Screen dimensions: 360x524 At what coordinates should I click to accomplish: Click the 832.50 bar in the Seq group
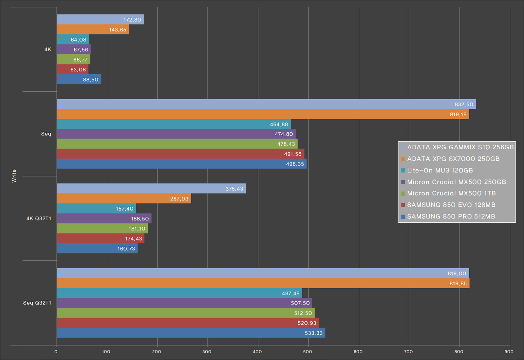click(x=266, y=104)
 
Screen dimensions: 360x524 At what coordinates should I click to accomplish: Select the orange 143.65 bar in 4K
click(x=93, y=29)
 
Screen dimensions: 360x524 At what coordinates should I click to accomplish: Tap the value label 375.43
click(x=234, y=189)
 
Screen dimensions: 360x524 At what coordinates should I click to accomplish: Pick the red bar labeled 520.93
click(x=187, y=323)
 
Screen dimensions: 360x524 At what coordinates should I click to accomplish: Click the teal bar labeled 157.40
click(x=96, y=209)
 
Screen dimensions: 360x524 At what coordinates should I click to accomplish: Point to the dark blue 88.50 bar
click(x=79, y=79)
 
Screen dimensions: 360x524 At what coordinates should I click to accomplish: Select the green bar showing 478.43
click(x=177, y=144)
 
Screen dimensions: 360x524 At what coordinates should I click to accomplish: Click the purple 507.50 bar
click(x=184, y=303)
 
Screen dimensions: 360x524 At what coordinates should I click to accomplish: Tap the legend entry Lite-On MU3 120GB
click(x=440, y=170)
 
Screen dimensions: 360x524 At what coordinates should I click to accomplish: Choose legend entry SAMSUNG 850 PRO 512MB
click(x=451, y=216)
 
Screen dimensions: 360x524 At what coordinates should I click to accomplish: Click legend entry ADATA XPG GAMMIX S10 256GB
click(x=460, y=147)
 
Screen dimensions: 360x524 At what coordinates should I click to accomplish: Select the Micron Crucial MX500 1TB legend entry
click(x=451, y=193)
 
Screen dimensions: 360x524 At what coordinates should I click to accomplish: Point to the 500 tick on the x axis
click(x=308, y=351)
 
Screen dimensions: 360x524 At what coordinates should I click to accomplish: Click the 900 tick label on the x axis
click(x=509, y=351)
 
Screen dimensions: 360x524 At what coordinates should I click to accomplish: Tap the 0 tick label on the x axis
click(x=56, y=351)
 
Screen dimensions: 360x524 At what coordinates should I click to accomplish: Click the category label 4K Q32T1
click(x=39, y=218)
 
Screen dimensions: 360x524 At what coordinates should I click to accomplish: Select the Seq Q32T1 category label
click(x=37, y=303)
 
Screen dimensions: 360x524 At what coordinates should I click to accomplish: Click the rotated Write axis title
click(x=14, y=176)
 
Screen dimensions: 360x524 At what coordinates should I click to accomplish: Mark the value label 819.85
click(x=458, y=283)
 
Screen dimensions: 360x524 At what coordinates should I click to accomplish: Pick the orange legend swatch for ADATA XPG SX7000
click(x=403, y=159)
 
